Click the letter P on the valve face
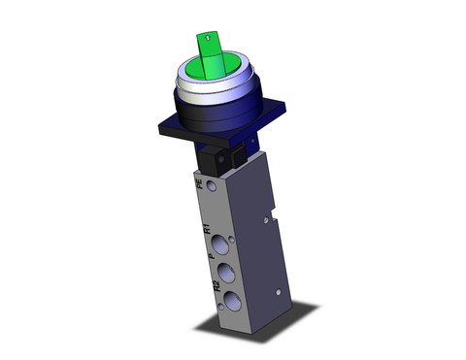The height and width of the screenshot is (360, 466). pos(212,257)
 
